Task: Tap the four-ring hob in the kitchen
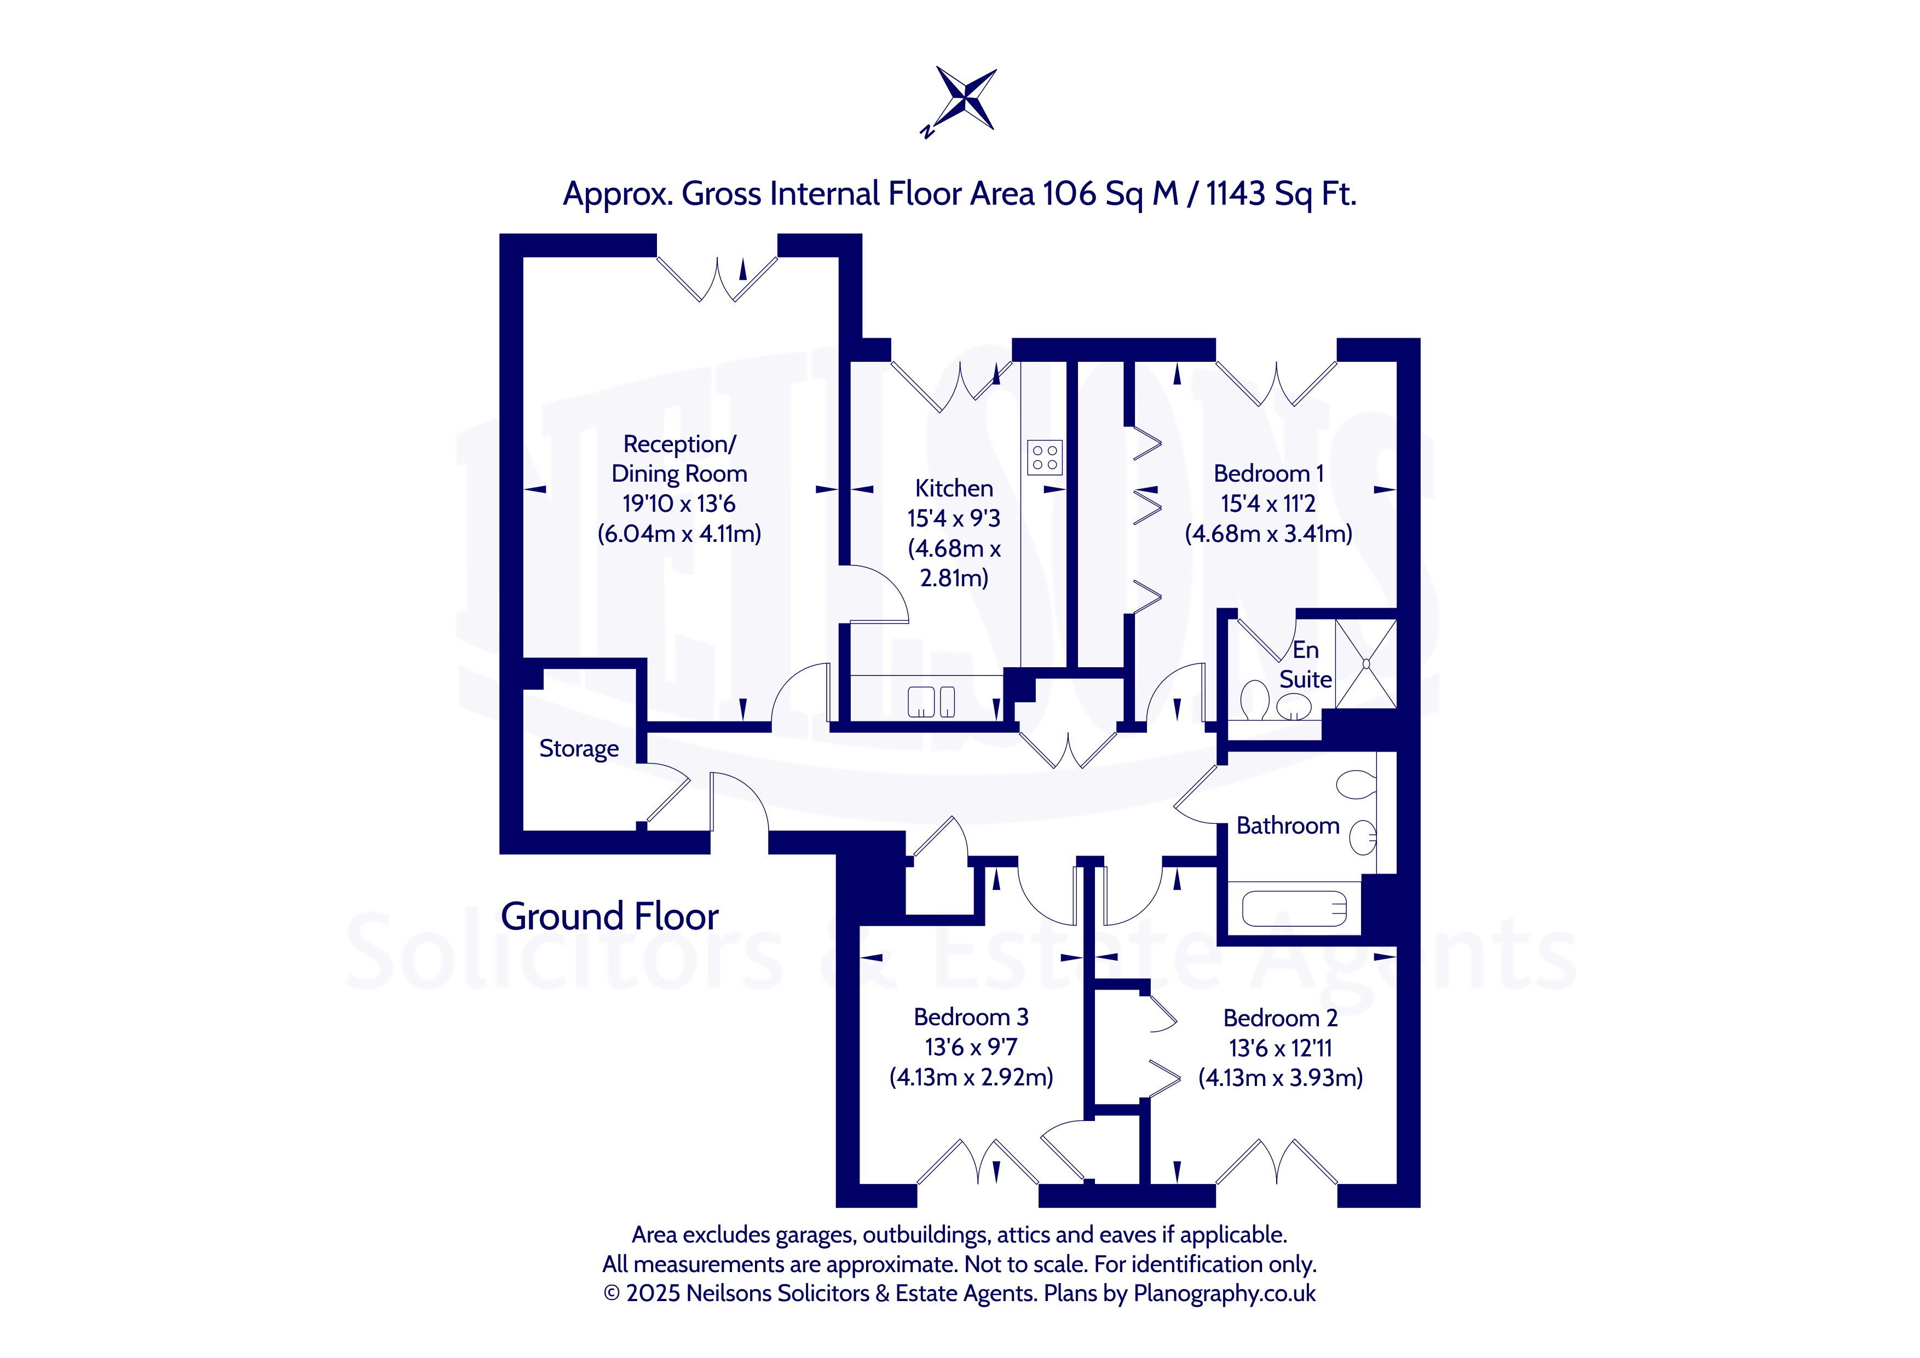[x=1045, y=456]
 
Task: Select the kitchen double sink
[x=931, y=702]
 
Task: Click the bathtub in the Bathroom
[x=1294, y=908]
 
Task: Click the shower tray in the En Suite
[x=1365, y=664]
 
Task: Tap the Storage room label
[x=579, y=748]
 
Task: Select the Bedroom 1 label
[x=1269, y=473]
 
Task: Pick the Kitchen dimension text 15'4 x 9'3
[x=953, y=518]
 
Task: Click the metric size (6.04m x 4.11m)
[x=679, y=534]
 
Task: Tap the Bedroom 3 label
[x=971, y=1017]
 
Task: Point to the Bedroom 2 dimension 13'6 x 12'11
[x=1281, y=1048]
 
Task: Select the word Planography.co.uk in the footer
[x=1224, y=1293]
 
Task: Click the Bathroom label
[x=1288, y=825]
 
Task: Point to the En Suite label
[x=1305, y=665]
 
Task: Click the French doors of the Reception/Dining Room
[x=718, y=279]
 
